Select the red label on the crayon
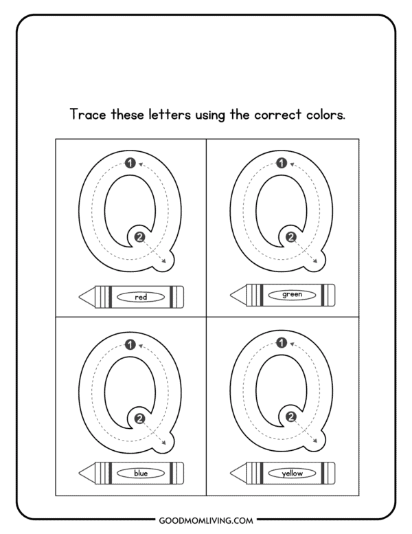141,297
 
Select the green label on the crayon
292,294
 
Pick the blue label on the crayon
141,473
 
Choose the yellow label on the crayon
292,473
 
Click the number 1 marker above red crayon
130,164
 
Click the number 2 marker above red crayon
140,237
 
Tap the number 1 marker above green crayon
281,164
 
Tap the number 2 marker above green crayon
290,237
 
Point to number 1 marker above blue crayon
130,344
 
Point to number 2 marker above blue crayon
140,417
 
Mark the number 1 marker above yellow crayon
281,344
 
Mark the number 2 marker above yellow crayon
290,417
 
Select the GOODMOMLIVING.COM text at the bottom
206,520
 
